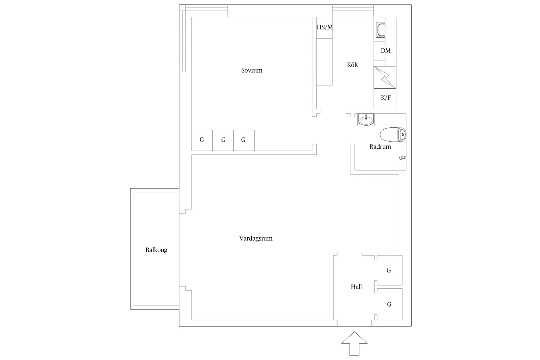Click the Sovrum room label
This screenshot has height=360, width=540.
pos(252,70)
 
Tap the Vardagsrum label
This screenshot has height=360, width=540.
pos(256,239)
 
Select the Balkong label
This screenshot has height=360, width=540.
pos(156,250)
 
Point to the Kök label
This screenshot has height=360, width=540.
pos(352,64)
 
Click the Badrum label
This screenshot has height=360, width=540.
pos(380,147)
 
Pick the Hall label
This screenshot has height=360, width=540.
pos(356,287)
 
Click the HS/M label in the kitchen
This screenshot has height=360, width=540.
pos(325,27)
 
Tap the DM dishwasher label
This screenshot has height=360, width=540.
pos(386,51)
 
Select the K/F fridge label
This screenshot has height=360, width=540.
pos(386,98)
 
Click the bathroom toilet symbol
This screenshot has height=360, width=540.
pos(393,135)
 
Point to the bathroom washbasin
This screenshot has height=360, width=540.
pos(366,119)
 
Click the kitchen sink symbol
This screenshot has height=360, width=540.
pos(381,30)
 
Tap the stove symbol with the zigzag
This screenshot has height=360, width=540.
pos(385,78)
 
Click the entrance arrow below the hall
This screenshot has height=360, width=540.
pos(354,344)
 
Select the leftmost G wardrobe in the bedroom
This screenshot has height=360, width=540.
pos(202,140)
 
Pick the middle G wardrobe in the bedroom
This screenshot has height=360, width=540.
pos(223,140)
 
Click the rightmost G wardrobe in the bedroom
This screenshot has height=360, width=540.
pos(244,140)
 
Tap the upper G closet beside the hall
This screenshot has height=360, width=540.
pos(388,270)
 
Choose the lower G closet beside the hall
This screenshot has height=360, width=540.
pos(388,304)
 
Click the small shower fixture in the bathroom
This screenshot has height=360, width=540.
pos(403,158)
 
